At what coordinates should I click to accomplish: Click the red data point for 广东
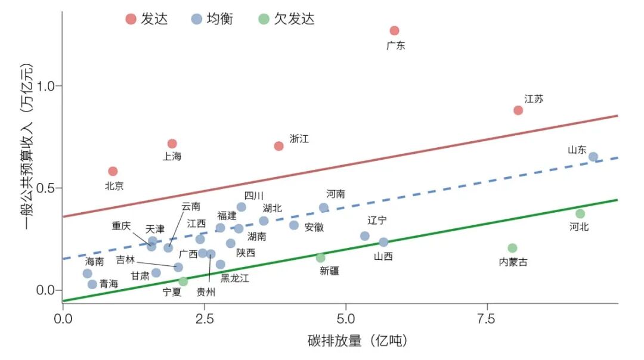click(394, 31)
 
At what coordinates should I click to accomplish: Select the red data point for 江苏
click(518, 110)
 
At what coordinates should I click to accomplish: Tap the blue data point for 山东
click(593, 157)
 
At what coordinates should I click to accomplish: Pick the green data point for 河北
click(580, 214)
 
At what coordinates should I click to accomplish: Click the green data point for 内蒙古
click(512, 248)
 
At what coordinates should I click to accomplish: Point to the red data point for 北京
click(113, 172)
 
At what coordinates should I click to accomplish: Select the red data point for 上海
click(172, 144)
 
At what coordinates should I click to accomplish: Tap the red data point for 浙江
click(278, 146)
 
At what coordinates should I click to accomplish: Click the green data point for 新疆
click(321, 258)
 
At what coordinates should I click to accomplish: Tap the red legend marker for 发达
click(131, 19)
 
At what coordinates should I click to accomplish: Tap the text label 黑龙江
click(235, 278)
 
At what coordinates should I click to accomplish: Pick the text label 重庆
click(122, 226)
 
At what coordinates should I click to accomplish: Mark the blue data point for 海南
click(88, 274)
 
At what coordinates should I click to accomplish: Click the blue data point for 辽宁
click(365, 236)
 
